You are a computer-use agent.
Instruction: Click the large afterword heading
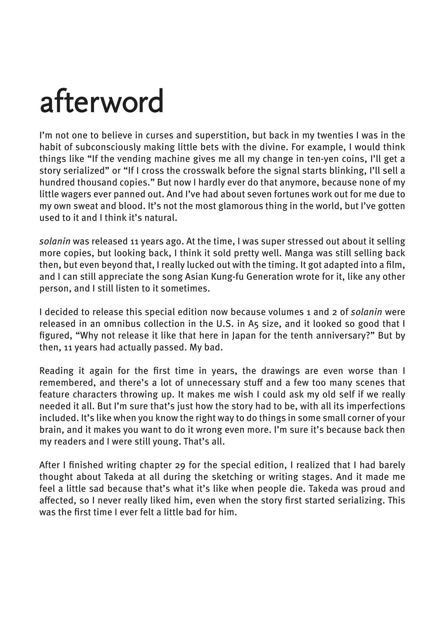click(x=102, y=101)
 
